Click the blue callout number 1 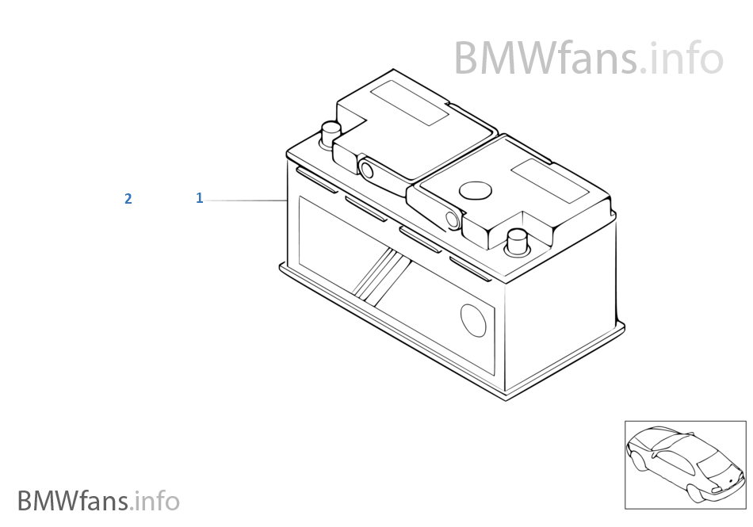pyautogui.click(x=200, y=198)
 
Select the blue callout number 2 pyautogui.click(x=128, y=199)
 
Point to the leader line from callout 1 pyautogui.click(x=246, y=201)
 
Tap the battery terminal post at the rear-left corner pyautogui.click(x=330, y=134)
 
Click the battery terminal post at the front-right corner pyautogui.click(x=518, y=241)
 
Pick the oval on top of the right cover pyautogui.click(x=476, y=191)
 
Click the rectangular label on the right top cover pyautogui.click(x=549, y=181)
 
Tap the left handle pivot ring pyautogui.click(x=367, y=169)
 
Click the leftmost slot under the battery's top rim pyautogui.click(x=315, y=176)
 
